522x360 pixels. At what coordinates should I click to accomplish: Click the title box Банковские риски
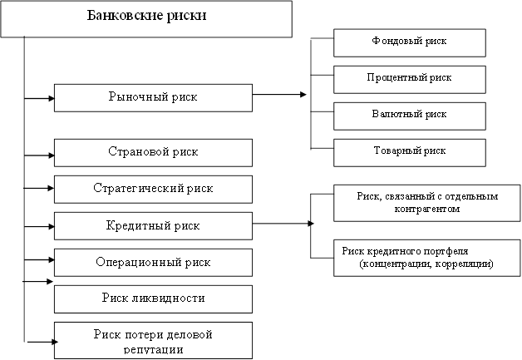click(x=146, y=18)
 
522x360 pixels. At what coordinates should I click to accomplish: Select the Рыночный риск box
click(x=153, y=97)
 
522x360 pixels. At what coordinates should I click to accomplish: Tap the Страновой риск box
click(x=153, y=152)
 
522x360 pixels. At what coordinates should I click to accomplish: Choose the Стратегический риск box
click(x=153, y=189)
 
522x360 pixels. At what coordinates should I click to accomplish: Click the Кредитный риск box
click(x=153, y=225)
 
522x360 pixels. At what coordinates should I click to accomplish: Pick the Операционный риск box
click(x=153, y=262)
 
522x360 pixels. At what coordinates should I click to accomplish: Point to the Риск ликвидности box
click(x=153, y=298)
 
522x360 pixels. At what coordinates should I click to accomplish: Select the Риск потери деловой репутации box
click(x=153, y=340)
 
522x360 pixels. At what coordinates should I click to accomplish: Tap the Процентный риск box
click(x=409, y=78)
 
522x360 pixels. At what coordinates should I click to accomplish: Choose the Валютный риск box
click(x=409, y=115)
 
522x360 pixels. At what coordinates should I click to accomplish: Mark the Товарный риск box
click(x=409, y=151)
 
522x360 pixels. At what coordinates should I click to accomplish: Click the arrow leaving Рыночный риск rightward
click(x=278, y=95)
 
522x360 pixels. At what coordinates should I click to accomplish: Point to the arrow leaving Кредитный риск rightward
click(x=283, y=224)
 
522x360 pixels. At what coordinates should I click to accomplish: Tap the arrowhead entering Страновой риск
click(x=51, y=154)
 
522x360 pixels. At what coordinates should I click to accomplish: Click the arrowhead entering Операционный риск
click(x=51, y=260)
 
